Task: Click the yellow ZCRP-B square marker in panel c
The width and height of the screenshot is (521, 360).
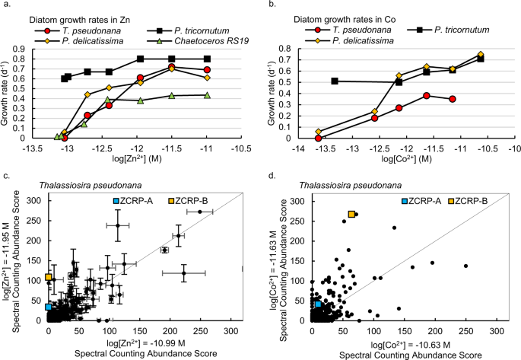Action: [48, 277]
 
